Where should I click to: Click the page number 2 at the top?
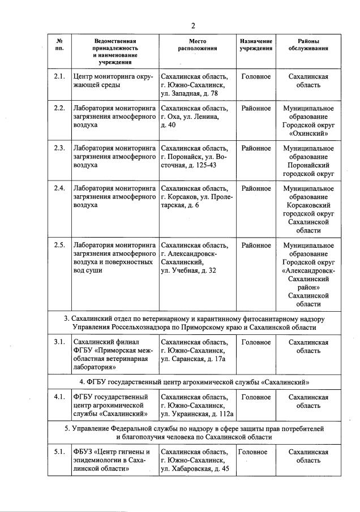click(193, 25)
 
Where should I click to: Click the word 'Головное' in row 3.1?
click(256, 342)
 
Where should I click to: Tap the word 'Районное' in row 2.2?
click(256, 108)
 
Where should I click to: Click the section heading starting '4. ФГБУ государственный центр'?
click(195, 382)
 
